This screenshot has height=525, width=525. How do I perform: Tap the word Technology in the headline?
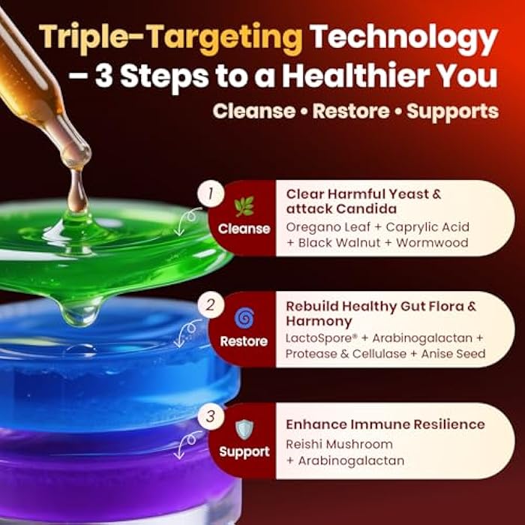point(405,37)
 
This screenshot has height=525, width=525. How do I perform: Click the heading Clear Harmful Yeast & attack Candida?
point(363,202)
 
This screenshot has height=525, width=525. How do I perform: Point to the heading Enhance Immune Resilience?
point(385,424)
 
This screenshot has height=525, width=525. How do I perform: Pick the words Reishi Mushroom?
point(339,444)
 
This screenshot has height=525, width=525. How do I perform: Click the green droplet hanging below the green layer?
point(82,309)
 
